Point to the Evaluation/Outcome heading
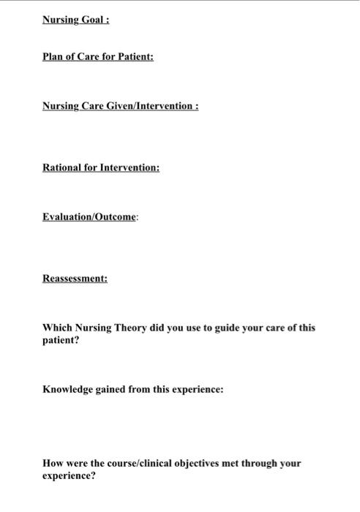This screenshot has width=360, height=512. click(89, 217)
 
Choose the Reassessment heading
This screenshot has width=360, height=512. click(75, 279)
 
